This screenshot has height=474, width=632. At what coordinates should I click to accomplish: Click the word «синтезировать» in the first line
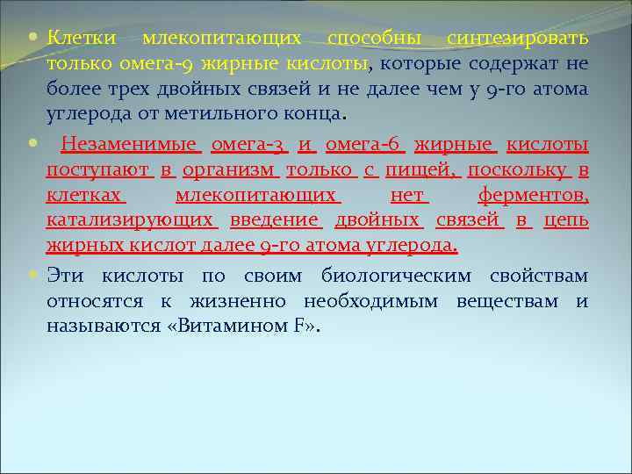517,39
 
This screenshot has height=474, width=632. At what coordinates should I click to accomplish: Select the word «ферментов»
533,196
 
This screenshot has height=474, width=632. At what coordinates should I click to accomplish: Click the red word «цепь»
566,220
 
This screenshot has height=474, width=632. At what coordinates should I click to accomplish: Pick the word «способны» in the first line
374,39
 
